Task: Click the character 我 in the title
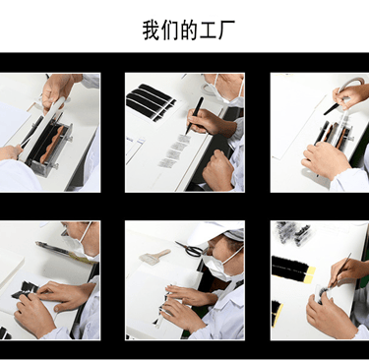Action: [x=152, y=30]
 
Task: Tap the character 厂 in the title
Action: [x=226, y=30]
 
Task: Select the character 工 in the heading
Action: [x=208, y=30]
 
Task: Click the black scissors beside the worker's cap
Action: [x=189, y=249]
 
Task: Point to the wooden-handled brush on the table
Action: [x=154, y=256]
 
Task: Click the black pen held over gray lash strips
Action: [x=195, y=116]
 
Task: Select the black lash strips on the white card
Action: [x=151, y=102]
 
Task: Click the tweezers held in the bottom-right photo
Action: [x=340, y=270]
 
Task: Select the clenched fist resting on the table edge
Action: [x=218, y=169]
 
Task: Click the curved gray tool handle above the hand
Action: [x=350, y=84]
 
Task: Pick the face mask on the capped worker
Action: [x=220, y=265]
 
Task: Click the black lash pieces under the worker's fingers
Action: [x=26, y=290]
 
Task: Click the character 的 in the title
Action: [x=189, y=30]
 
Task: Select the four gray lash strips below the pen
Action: [x=174, y=150]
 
